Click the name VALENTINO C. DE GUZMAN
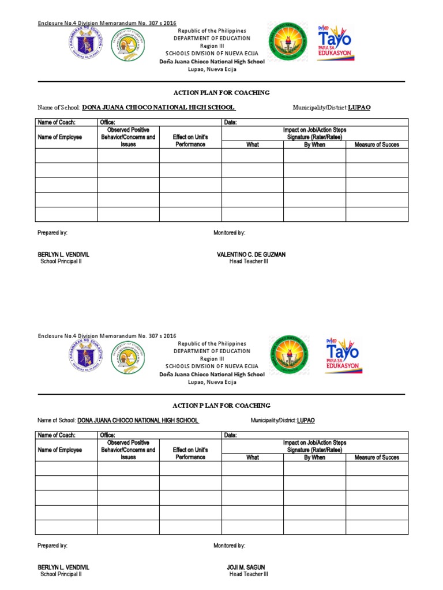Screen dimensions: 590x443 pos(251,254)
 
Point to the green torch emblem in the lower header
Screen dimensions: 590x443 pos(288,356)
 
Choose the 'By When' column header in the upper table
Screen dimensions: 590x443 pos(314,145)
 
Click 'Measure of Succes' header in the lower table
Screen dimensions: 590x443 pos(377,457)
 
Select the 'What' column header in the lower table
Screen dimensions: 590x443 pos(253,457)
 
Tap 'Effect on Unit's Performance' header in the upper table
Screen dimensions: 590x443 pos(190,141)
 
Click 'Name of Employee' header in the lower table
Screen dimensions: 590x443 pos(60,450)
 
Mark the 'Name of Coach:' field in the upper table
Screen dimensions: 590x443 pos(57,122)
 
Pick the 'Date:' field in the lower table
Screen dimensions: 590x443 pos(230,435)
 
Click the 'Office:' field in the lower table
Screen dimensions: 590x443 pos(108,435)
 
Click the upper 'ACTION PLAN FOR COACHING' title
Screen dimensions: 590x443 pos(221,93)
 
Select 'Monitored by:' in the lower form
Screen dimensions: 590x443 pos(229,545)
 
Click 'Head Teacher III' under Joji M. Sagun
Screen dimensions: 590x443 pos(249,574)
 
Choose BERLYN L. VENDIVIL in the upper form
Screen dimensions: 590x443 pos(63,254)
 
